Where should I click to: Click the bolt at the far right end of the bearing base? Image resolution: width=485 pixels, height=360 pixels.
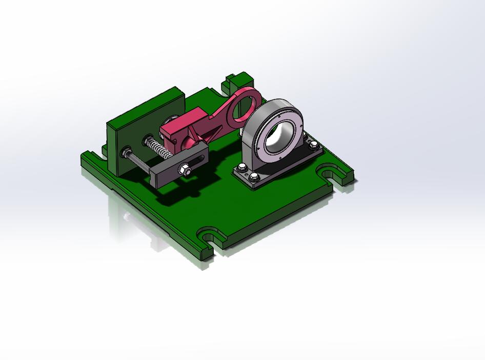coord(314,146)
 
